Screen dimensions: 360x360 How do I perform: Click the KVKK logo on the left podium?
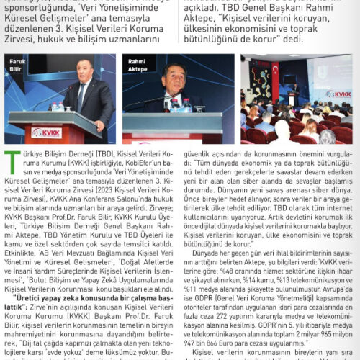coord(46,132)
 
